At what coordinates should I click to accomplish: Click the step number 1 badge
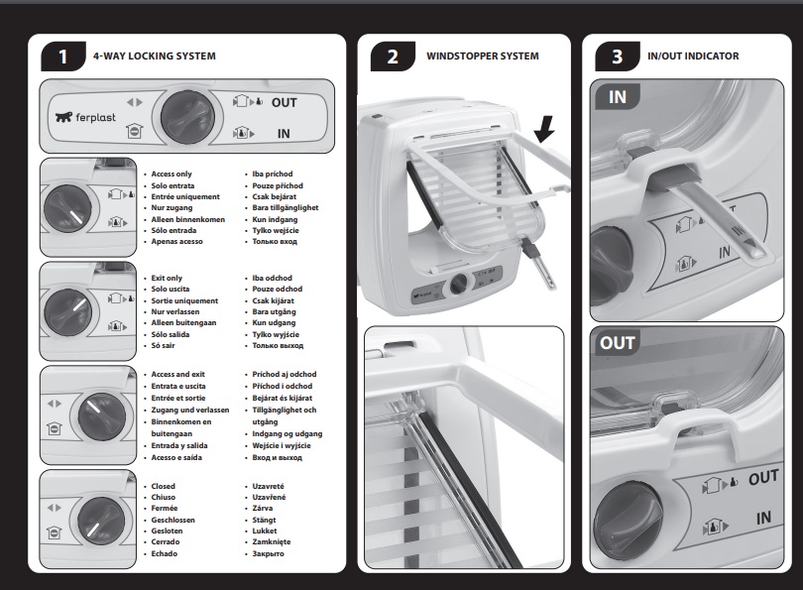click(62, 57)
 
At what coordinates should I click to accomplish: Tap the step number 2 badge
click(393, 57)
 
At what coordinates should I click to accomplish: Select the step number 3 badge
click(617, 57)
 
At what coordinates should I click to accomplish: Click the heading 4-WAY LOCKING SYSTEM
click(154, 57)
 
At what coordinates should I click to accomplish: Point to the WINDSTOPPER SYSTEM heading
click(482, 57)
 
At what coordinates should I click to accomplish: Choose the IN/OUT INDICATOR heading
click(693, 57)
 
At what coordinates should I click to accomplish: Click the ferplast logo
click(84, 117)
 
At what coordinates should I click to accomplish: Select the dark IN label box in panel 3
click(617, 97)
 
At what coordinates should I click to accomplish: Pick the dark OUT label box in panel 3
click(617, 343)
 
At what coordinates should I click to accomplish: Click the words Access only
click(172, 174)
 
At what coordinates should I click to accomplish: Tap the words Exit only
click(167, 278)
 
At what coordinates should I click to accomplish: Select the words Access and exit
click(176, 375)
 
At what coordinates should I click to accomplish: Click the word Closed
click(163, 487)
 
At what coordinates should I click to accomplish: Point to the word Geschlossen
click(174, 520)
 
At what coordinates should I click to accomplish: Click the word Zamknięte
click(274, 542)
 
